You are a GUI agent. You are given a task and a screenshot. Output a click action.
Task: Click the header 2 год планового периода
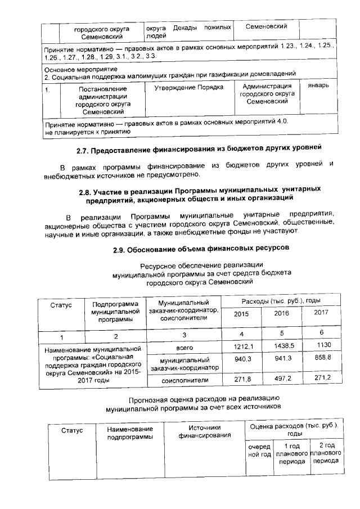pyautogui.click(x=326, y=453)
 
